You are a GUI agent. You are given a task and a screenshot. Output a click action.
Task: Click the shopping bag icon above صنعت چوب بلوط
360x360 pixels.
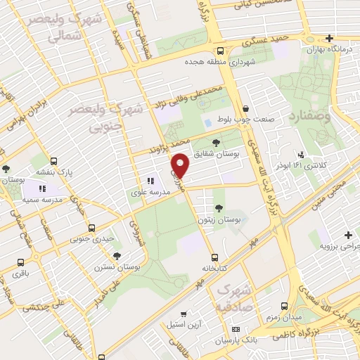point(245,108)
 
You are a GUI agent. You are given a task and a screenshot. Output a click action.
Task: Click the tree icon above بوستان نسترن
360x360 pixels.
point(117,256)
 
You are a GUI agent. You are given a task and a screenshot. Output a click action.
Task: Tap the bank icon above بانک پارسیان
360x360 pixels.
point(236,329)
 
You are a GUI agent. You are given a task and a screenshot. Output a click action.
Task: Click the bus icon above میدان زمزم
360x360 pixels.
point(285,305)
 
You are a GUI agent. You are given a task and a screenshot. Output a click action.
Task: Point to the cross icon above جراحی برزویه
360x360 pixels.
point(347,235)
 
